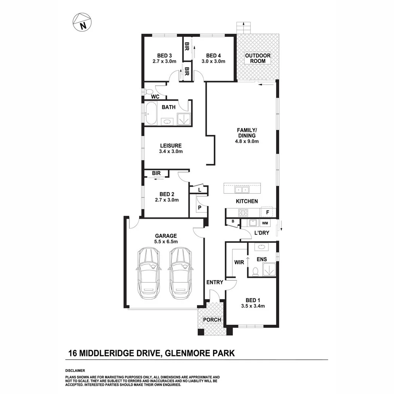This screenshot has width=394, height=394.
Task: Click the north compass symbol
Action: point(82,22)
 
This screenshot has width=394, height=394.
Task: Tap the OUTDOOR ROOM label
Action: point(258,58)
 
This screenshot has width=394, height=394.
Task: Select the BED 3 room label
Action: point(164,56)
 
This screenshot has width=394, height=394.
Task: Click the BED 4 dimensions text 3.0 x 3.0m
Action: point(213,62)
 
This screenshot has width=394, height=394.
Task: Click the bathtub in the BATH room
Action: point(151,114)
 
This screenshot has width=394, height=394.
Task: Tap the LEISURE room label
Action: point(170,145)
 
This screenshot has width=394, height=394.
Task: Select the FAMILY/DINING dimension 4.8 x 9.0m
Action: point(247,142)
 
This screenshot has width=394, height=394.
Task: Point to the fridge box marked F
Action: point(267,212)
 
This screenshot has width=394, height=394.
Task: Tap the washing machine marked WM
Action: point(265,223)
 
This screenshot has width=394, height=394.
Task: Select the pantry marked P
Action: point(200,207)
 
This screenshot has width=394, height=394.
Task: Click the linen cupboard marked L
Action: point(200,190)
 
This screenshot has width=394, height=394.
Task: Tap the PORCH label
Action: point(212,320)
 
